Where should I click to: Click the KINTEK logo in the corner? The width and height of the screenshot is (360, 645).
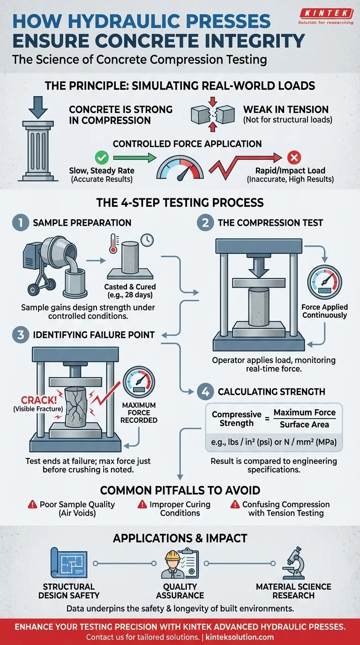[326, 16]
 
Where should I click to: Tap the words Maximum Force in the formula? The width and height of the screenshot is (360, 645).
[304, 412]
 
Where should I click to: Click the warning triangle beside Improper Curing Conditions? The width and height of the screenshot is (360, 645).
[142, 505]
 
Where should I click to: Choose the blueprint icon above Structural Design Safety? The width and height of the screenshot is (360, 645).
[68, 564]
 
